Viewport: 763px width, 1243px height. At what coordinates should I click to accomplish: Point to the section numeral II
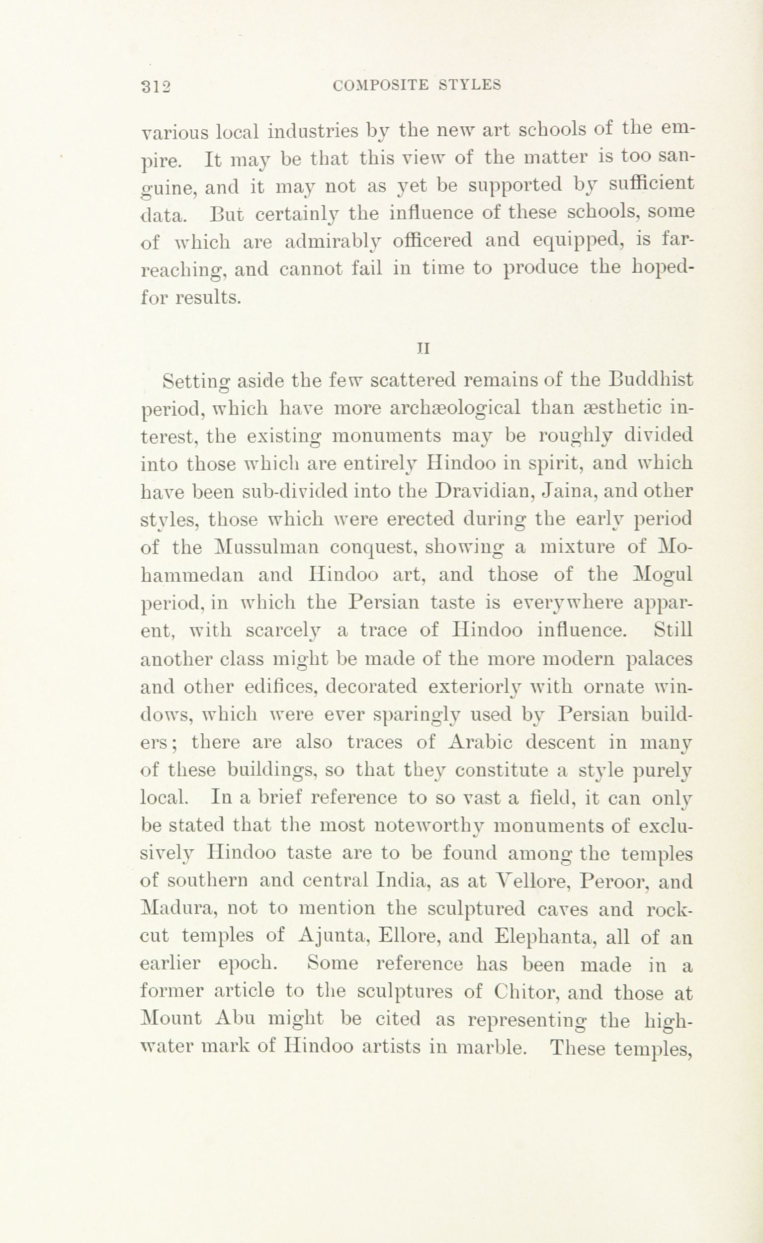coord(424,348)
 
